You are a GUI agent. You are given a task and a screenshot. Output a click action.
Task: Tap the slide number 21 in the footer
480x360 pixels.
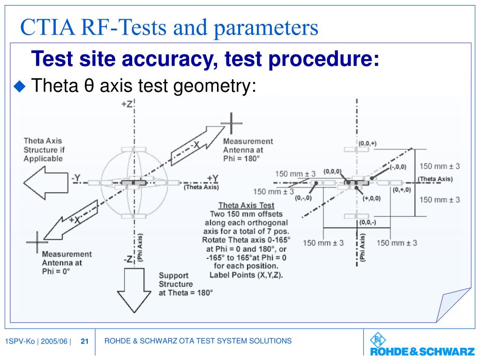(85, 341)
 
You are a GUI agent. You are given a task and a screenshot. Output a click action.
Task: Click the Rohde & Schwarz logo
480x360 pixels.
(415, 345)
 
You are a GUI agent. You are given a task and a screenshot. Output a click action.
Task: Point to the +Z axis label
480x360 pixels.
(127, 104)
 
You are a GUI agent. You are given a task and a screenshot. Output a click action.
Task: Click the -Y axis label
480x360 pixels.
(76, 178)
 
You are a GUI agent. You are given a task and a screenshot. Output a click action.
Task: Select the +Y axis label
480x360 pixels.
(212, 178)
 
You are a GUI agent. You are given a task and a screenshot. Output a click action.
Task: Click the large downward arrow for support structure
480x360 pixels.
(134, 289)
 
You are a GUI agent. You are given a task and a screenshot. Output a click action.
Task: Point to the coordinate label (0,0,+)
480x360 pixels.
(367, 143)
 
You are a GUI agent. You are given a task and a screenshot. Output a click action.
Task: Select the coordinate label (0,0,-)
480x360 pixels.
(366, 222)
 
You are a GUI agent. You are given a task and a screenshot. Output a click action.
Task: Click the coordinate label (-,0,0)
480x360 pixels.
(397, 167)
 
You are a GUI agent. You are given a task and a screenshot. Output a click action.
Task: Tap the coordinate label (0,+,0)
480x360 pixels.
(402, 189)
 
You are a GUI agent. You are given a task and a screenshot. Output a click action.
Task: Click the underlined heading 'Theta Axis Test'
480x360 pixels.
(246, 205)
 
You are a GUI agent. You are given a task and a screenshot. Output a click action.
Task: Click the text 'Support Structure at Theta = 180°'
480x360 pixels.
(185, 284)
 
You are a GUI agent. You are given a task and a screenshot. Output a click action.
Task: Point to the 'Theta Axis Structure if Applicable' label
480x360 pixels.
(43, 150)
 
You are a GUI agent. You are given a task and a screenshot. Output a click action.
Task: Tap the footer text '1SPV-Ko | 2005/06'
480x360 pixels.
(36, 341)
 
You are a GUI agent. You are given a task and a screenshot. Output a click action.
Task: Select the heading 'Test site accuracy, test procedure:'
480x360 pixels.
(205, 59)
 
